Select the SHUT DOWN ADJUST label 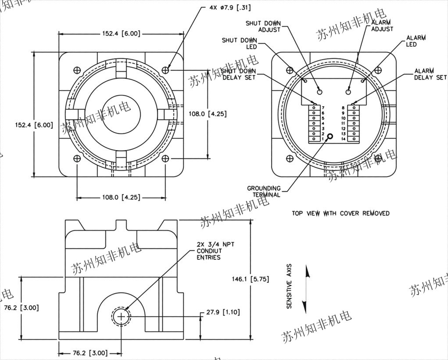[264, 26]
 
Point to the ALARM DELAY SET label [430, 74]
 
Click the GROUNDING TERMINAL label [264, 191]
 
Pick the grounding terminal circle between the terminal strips [330, 137]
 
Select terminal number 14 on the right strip [344, 139]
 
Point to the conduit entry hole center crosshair [121, 316]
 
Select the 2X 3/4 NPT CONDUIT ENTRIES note [215, 251]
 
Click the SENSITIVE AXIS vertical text [289, 286]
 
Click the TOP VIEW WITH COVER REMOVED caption [340, 213]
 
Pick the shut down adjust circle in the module [319, 92]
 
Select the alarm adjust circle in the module [348, 92]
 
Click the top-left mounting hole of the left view [77, 69]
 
